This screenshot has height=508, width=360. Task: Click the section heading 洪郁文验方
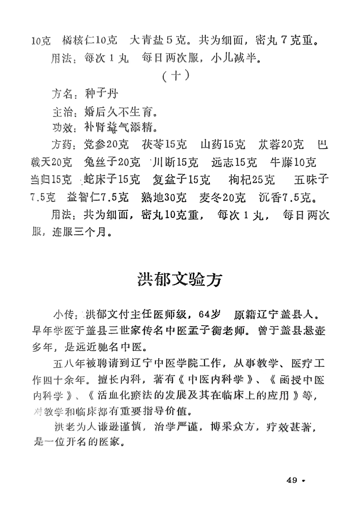[180, 280]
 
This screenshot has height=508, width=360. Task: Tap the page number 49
[292, 480]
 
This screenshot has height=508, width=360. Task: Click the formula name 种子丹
[101, 94]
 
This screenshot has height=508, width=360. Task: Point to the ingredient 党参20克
[106, 145]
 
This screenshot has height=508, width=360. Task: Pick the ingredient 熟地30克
[164, 198]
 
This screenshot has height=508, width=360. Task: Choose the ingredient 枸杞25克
[252, 180]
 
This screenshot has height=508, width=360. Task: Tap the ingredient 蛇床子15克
[112, 180]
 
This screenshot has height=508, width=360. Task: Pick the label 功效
[62, 127]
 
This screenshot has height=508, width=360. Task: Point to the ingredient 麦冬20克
[222, 198]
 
